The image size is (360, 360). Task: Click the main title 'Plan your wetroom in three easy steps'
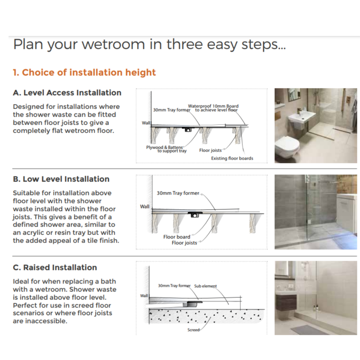[149, 44]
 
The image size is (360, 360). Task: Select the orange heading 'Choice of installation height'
[84, 72]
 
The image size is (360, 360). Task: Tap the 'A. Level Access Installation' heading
[67, 93]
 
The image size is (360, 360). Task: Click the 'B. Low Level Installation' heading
[61, 179]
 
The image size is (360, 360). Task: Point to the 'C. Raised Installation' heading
[55, 268]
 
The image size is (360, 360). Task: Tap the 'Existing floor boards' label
[232, 158]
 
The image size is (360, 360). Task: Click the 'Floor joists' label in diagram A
[210, 151]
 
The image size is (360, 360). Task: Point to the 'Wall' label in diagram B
[144, 207]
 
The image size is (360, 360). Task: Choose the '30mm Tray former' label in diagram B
[178, 193]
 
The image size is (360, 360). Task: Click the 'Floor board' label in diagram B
[176, 237]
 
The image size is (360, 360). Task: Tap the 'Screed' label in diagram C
[193, 330]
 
